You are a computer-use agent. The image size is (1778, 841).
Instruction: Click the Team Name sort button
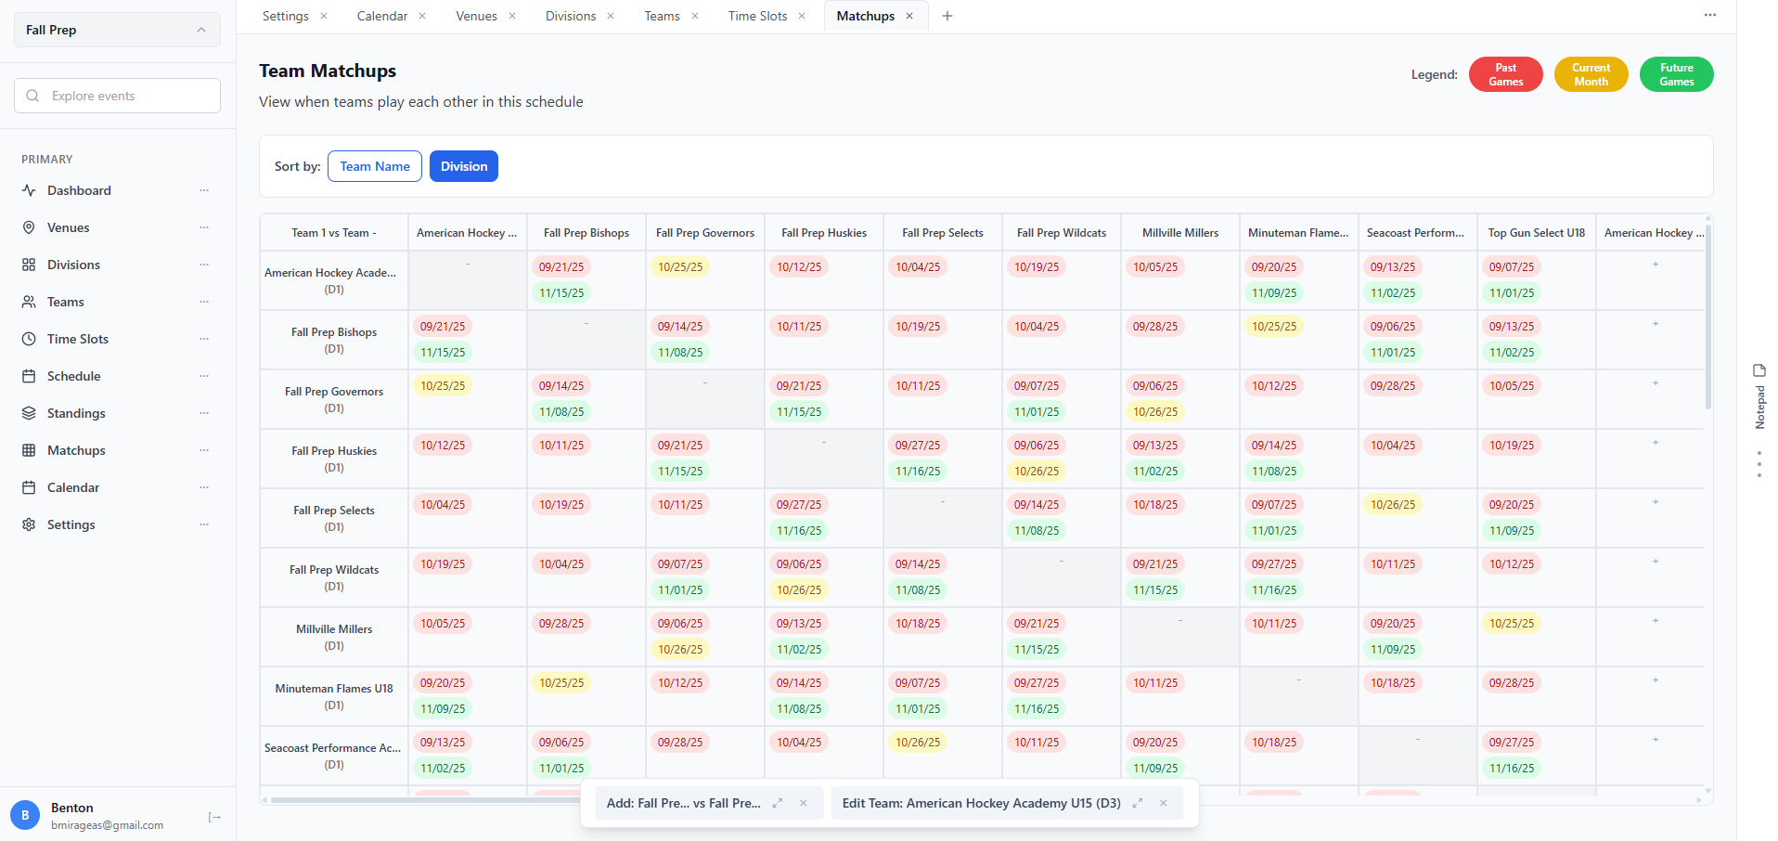pos(375,166)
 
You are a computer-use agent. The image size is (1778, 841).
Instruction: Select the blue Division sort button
pos(463,166)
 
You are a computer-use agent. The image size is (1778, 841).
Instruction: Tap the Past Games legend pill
pos(1505,74)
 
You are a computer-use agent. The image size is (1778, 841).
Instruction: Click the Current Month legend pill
pos(1591,74)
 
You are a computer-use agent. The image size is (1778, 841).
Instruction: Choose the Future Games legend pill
pos(1676,74)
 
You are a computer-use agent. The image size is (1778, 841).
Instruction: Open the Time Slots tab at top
pos(757,16)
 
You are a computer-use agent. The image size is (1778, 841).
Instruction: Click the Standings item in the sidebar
pos(76,413)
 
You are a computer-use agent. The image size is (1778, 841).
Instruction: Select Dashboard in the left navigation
pos(79,190)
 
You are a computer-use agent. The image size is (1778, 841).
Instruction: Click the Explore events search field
pos(117,96)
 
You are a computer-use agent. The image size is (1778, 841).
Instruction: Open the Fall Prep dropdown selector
pos(117,30)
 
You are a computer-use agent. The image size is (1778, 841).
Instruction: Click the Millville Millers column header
pos(1180,233)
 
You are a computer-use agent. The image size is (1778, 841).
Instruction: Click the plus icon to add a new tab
pos(947,16)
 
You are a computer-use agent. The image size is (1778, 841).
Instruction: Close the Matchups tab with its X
pos(909,16)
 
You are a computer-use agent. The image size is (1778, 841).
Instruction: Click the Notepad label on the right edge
pos(1759,407)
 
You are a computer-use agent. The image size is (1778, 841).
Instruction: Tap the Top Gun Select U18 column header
pos(1537,233)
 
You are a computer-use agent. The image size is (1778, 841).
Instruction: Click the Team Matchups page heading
pos(328,71)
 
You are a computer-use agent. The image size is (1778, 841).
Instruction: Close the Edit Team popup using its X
pos(1164,803)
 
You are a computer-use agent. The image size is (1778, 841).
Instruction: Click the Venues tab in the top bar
pos(476,16)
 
